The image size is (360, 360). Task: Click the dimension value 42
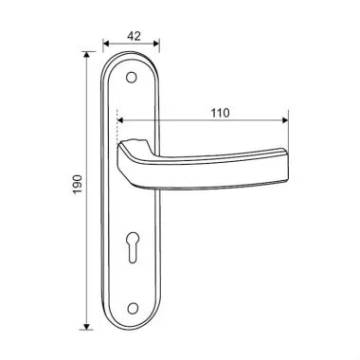(134, 36)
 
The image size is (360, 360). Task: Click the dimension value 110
(221, 113)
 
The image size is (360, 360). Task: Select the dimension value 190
(78, 185)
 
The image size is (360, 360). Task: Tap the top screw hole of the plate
(132, 78)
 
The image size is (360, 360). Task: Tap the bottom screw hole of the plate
(134, 308)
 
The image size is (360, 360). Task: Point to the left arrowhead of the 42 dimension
(106, 44)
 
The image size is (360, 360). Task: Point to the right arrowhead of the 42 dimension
(156, 44)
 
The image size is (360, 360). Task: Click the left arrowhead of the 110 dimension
(120, 120)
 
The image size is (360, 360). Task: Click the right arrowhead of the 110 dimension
(285, 120)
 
